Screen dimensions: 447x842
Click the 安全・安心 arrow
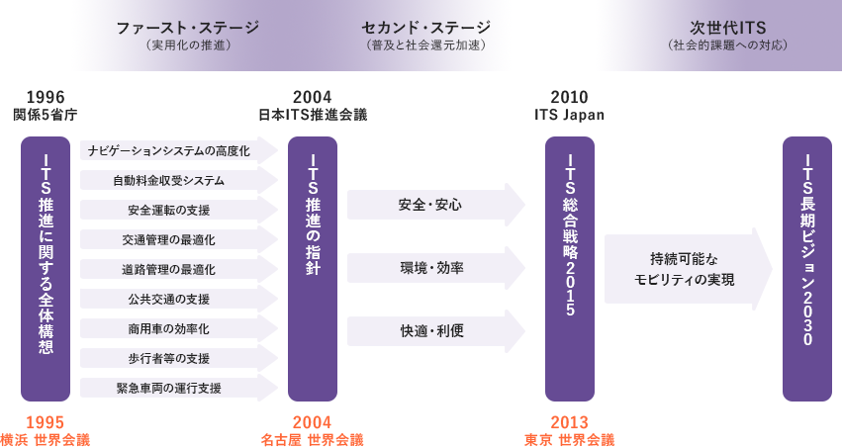[435, 206]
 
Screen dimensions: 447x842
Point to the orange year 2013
[570, 422]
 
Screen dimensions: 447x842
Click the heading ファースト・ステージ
[187, 27]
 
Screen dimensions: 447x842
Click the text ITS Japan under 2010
[570, 115]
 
